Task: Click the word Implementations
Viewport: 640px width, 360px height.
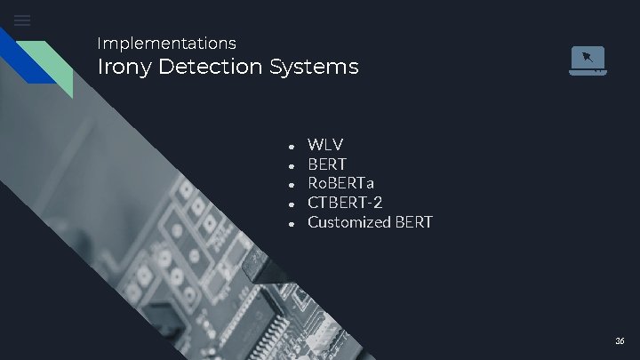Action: [166, 43]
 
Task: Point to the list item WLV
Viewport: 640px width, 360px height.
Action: [325, 144]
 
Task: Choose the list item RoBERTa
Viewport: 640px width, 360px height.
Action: [341, 183]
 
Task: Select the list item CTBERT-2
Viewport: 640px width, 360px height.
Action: [345, 203]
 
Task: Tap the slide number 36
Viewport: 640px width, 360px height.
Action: [620, 341]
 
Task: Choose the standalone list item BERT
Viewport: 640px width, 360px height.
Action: [327, 164]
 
